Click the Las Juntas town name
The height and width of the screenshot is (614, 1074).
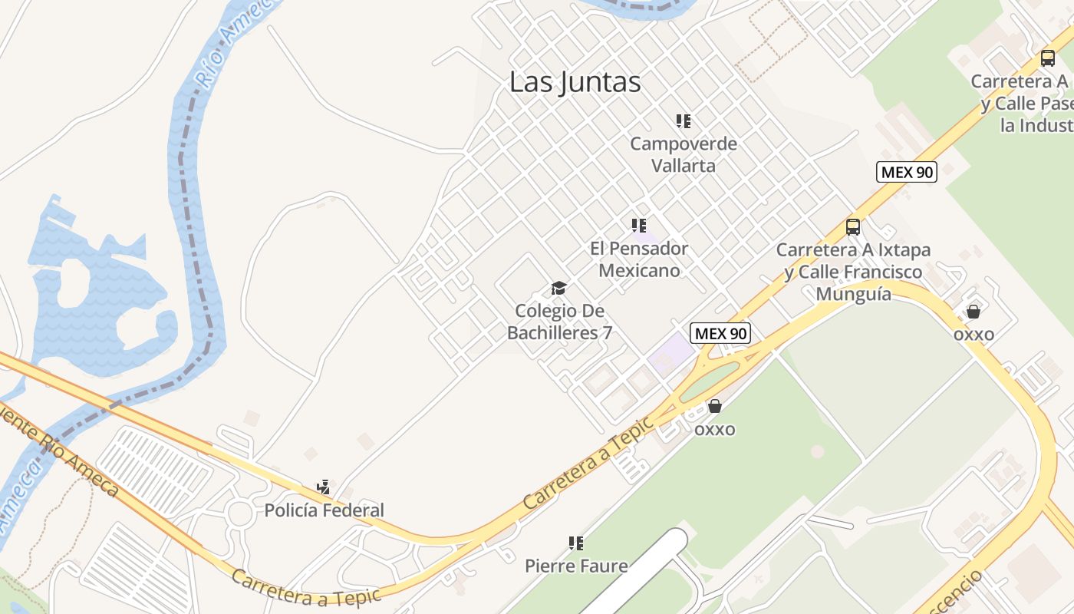(575, 82)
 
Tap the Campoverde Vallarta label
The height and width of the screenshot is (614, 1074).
(683, 154)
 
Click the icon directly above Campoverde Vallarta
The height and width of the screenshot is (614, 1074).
(683, 121)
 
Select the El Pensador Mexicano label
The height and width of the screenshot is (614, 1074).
(639, 259)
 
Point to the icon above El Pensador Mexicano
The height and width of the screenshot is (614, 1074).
(639, 226)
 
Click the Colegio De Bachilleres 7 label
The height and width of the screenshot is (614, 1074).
(559, 322)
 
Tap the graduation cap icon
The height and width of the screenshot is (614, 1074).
(559, 289)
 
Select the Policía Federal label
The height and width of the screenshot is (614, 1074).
(324, 510)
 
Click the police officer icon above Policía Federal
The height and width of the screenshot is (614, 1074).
(324, 487)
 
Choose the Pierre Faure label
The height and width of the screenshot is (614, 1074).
(576, 566)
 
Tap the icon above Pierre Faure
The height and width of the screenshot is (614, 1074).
(576, 543)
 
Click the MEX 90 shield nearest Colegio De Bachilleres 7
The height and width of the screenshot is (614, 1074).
(720, 333)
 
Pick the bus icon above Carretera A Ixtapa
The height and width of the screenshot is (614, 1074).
(853, 227)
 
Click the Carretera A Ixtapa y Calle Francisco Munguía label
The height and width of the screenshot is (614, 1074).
(853, 272)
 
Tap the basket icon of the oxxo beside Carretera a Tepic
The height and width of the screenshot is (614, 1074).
(715, 406)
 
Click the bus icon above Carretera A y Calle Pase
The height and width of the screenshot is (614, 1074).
(1048, 58)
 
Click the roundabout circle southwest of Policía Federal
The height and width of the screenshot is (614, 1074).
(240, 513)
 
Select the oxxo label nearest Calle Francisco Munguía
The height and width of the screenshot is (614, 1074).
(974, 334)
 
